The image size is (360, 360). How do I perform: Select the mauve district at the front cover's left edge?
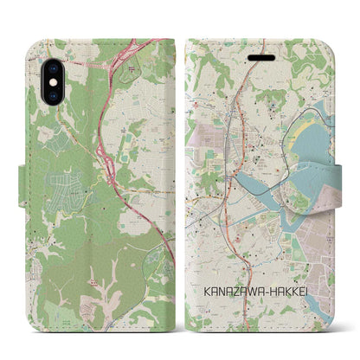click(202, 138)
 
